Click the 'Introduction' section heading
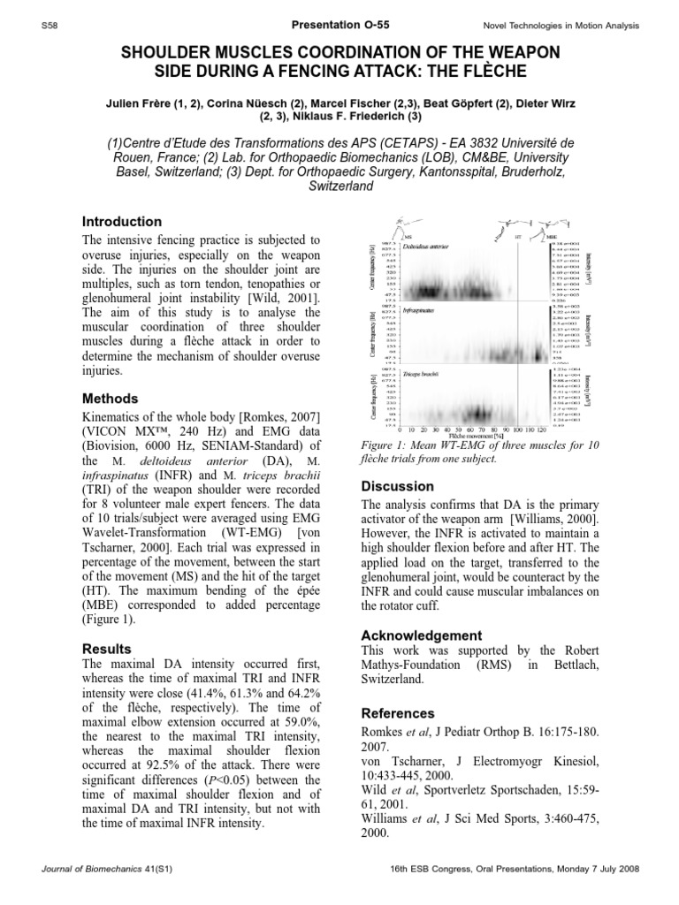121,222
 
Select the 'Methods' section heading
110,399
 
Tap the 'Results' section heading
106,649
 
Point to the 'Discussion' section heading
398,486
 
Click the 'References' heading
398,713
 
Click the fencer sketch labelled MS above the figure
403,226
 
